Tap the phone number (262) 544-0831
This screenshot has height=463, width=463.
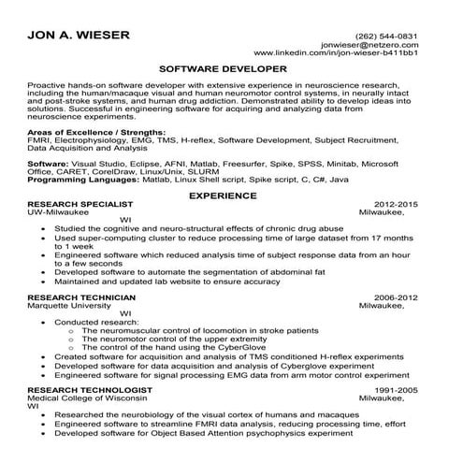(x=409, y=36)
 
